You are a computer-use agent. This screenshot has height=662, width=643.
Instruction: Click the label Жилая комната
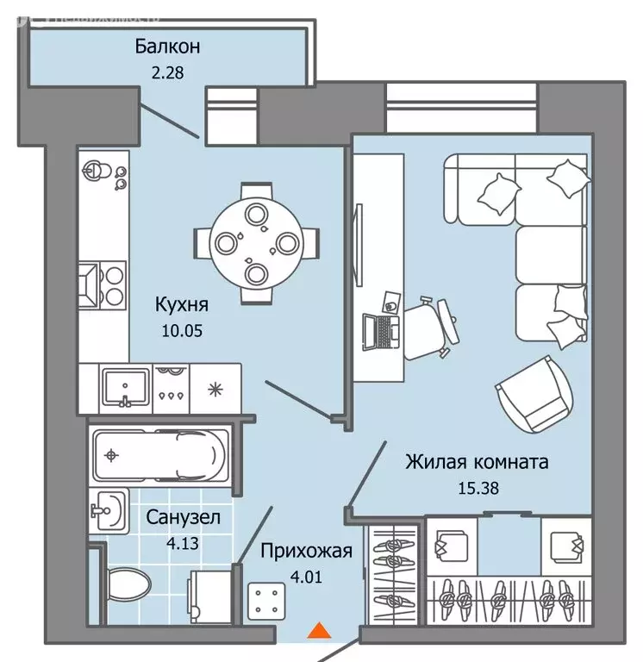coord(477,463)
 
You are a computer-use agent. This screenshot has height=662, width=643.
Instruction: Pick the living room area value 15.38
coord(478,488)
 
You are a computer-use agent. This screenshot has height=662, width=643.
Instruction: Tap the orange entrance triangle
coord(320,632)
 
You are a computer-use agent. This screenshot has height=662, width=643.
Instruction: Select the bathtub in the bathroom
coord(159,453)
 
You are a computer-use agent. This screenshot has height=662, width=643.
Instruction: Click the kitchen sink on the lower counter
coord(126,388)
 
